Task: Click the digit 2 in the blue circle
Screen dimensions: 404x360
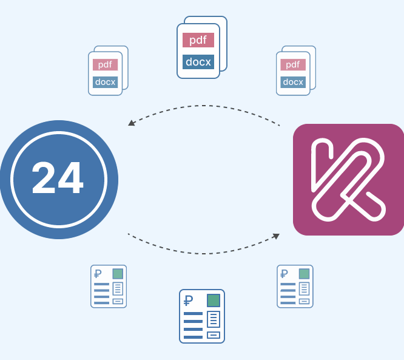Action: pos(44,178)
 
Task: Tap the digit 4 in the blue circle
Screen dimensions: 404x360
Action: pos(71,178)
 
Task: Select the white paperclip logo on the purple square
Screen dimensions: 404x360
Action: pos(348,180)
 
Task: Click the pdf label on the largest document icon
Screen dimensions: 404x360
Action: pos(198,40)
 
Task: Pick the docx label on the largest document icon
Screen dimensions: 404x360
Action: pos(198,62)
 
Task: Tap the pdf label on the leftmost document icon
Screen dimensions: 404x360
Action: pos(105,64)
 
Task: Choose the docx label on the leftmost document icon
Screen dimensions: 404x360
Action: pos(105,82)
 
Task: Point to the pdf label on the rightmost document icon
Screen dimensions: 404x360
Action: pos(293,64)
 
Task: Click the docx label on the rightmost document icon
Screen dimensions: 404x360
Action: pos(293,82)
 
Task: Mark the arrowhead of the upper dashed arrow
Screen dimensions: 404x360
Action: pos(132,123)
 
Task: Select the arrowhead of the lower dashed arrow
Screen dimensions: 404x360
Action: pos(276,236)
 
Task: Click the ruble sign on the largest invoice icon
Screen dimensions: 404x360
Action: pos(188,301)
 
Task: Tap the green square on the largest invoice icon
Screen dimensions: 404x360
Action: pos(214,301)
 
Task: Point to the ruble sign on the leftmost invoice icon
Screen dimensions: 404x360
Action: pos(98,274)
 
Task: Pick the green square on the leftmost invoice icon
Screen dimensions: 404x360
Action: pos(118,274)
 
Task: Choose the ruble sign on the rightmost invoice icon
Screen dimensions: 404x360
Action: pos(284,274)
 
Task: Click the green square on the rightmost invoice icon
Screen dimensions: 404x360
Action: pos(305,274)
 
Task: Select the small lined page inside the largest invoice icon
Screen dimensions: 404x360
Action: pos(214,319)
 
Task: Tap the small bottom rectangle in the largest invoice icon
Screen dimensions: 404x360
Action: pos(214,335)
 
